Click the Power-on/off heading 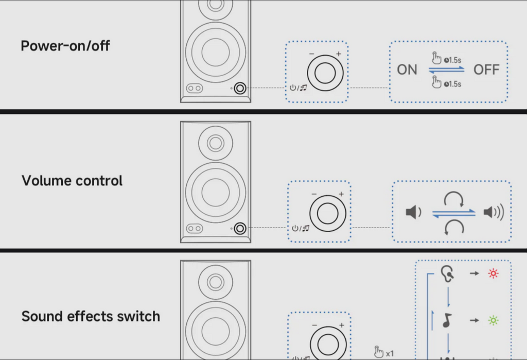tap(65, 46)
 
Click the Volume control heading tap(72, 181)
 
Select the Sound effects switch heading tap(91, 316)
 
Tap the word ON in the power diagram tap(407, 70)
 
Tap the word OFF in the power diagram tap(486, 70)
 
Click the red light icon tap(493, 273)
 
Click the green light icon tap(493, 320)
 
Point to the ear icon tap(448, 273)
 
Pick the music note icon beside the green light tap(447, 320)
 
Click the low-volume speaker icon tap(413, 212)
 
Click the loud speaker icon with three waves tap(494, 212)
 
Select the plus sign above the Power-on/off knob tap(339, 54)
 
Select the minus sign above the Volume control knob tap(314, 194)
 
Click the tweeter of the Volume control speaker tap(216, 143)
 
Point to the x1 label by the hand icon tap(390, 354)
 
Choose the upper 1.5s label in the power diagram tap(452, 60)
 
